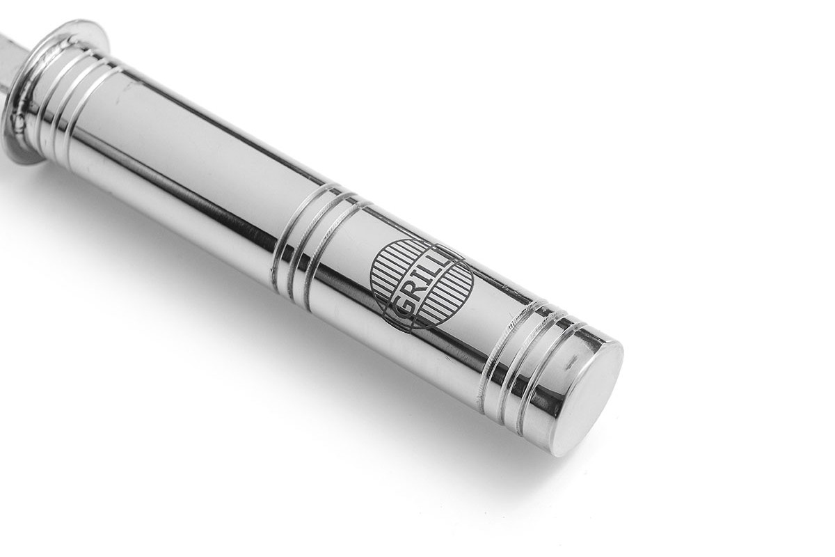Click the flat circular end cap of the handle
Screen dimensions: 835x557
[588, 395]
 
